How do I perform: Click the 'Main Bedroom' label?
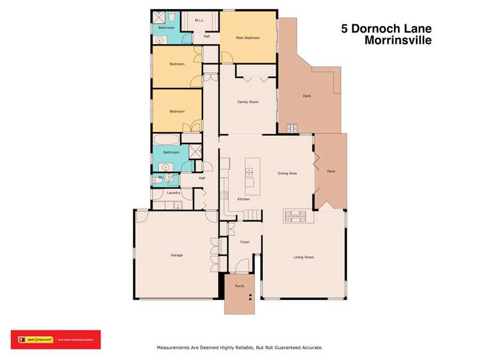(247, 38)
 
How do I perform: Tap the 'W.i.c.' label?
(199, 21)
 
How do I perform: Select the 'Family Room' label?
(247, 102)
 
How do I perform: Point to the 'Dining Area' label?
(286, 174)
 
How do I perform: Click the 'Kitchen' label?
(244, 199)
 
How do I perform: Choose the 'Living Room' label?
(304, 257)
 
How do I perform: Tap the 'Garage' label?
(176, 255)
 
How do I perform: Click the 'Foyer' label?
(244, 242)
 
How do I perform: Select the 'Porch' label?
(239, 286)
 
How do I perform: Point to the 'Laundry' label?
(173, 192)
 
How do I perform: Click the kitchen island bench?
(249, 172)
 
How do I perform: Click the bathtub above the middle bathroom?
(167, 139)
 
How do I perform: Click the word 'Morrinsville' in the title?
(397, 40)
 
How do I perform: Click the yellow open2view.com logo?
(35, 340)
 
